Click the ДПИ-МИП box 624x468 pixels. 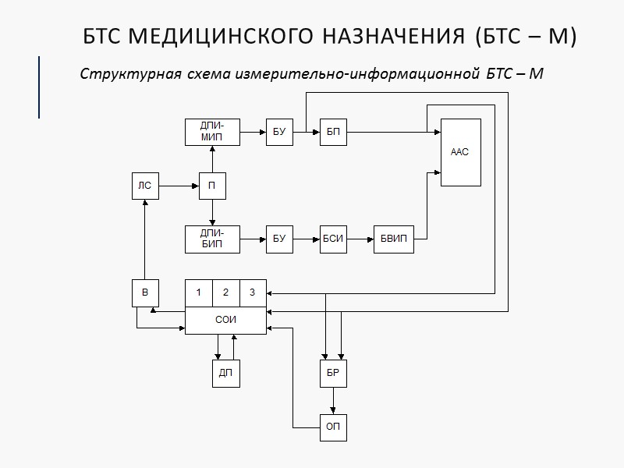pos(212,133)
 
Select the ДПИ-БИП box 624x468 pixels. pos(212,238)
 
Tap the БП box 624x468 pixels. pos(333,133)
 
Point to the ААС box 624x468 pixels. pos(460,152)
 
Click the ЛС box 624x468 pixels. pos(144,186)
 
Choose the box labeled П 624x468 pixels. pos(212,186)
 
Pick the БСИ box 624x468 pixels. pos(333,238)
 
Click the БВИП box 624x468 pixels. pos(394,238)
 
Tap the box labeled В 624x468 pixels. pos(144,292)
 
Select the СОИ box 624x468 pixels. pos(225,320)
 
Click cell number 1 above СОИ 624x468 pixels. pos(199,292)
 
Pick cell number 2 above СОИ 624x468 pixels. pos(225,292)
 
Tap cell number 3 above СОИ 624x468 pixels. pos(252,292)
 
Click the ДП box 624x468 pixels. pos(225,374)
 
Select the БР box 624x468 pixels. pos(333,374)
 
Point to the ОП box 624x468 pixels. pos(333,427)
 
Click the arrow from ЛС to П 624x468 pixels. pos(179,186)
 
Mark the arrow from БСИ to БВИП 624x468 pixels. pos(360,238)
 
